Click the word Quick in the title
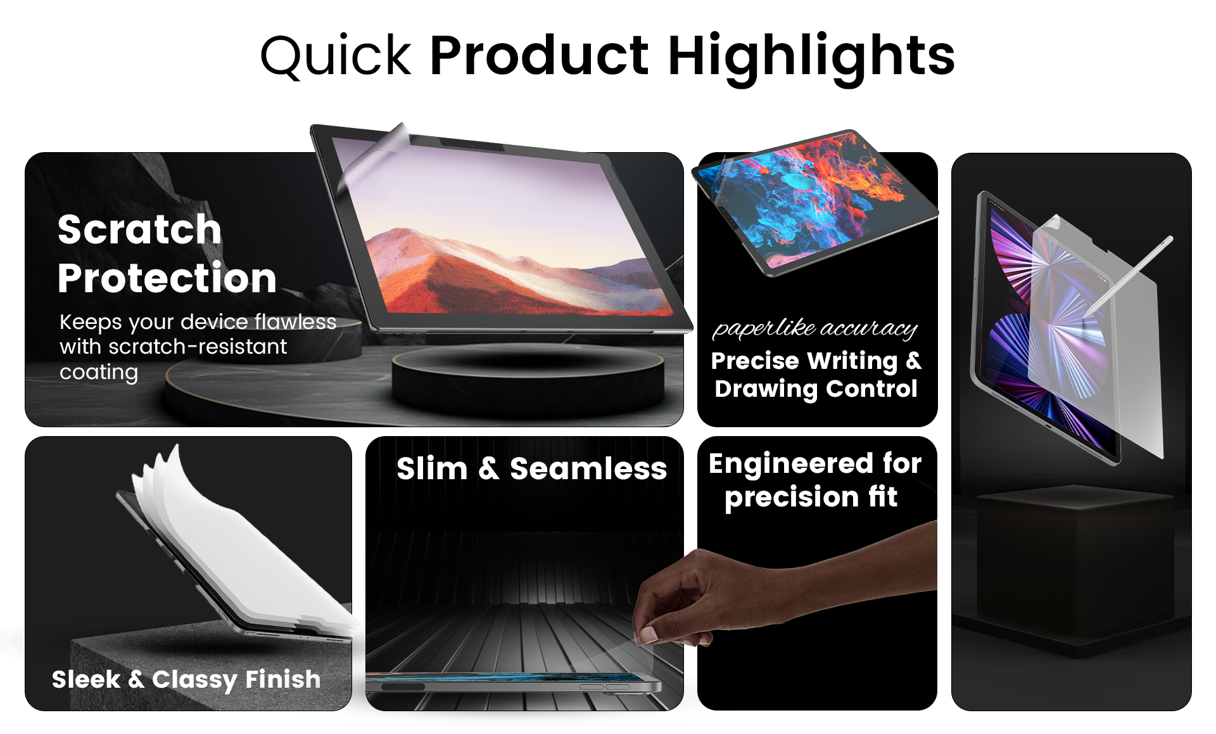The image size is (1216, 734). click(336, 56)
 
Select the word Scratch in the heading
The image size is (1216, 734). click(139, 229)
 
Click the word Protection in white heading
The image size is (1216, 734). click(167, 278)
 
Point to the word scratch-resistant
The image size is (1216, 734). click(198, 347)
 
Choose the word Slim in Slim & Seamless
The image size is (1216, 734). click(432, 469)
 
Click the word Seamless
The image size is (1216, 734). click(588, 469)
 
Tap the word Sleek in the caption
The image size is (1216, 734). click(86, 679)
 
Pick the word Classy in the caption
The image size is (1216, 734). click(194, 680)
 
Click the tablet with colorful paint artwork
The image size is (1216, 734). click(815, 202)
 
